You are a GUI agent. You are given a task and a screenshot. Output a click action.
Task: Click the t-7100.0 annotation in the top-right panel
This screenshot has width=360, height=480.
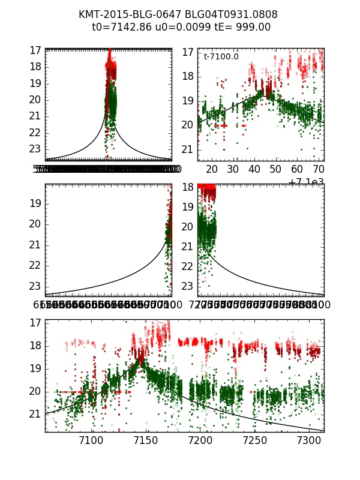pos(221,56)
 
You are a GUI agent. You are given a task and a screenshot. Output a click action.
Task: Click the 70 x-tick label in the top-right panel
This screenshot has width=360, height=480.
pos(319,170)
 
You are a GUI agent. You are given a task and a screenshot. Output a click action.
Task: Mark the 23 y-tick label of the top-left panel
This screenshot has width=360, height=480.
pos(35,149)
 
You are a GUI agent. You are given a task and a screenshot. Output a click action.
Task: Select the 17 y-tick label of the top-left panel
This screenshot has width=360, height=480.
pos(35,50)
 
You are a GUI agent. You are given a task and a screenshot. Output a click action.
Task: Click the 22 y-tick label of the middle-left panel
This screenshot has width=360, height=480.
pos(35,265)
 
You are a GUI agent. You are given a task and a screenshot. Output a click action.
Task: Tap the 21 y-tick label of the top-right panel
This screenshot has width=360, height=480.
pos(188,149)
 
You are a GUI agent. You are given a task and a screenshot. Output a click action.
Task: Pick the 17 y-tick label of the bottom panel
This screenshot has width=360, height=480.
pos(35,322)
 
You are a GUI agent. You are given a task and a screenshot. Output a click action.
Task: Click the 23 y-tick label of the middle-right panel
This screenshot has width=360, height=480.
pos(188,286)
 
